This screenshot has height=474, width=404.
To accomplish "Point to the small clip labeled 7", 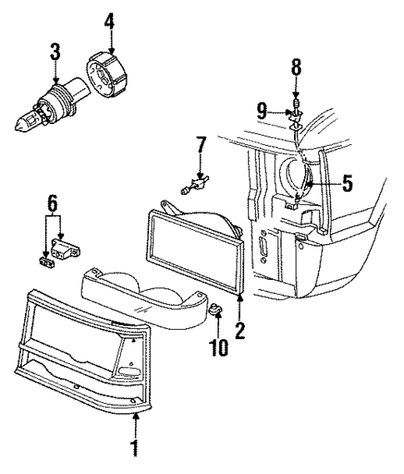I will (x=195, y=180).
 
